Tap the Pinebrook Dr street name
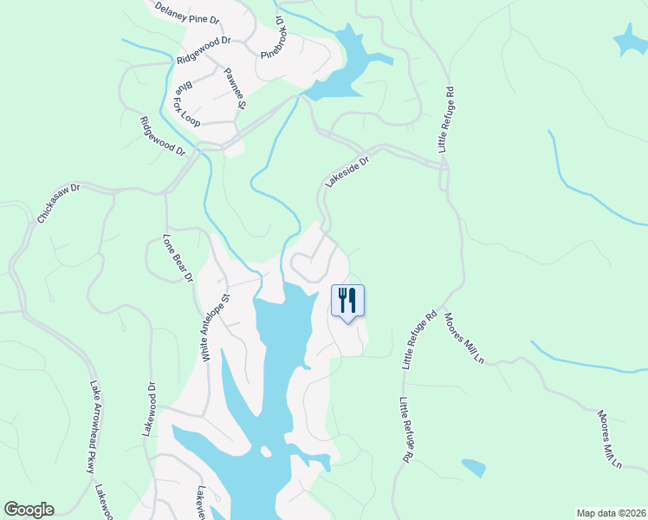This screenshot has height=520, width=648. tap(273, 38)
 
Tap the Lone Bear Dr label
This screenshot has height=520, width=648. tap(177, 257)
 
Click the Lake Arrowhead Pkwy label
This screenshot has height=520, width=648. tap(91, 427)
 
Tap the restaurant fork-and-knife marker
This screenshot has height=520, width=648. tap(347, 301)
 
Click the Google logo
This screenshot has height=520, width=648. tap(29, 510)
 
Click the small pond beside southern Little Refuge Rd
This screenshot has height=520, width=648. tap(474, 468)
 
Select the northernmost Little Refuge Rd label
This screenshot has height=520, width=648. tap(447, 120)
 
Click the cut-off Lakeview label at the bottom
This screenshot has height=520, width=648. tap(200, 502)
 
